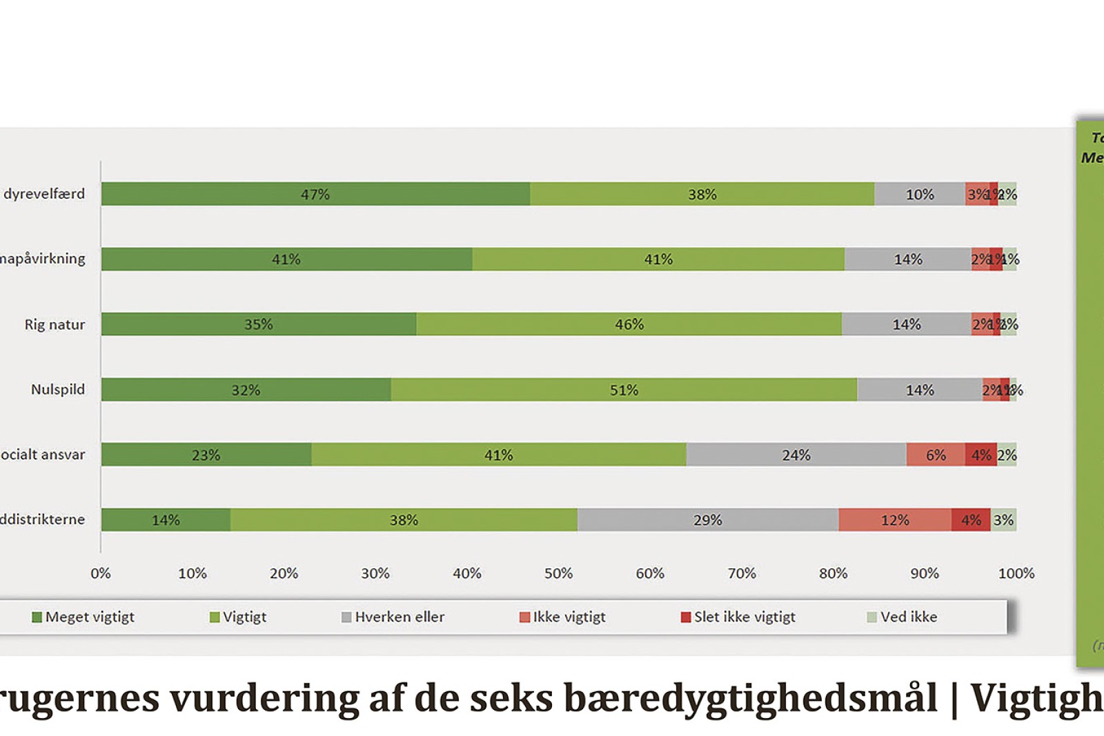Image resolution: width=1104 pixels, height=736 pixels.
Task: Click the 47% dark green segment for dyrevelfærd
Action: click(x=315, y=194)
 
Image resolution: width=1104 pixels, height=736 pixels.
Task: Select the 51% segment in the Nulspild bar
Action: click(x=624, y=390)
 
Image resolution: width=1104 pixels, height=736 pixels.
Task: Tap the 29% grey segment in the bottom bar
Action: click(x=708, y=520)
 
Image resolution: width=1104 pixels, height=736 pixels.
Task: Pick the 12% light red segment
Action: click(x=895, y=520)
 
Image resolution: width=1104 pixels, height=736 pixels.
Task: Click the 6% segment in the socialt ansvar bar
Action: click(x=936, y=455)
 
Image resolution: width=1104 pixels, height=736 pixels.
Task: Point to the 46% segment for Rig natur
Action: click(x=629, y=324)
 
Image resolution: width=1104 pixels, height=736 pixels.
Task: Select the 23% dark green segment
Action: click(x=206, y=455)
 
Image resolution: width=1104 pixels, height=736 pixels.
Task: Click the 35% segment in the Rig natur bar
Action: click(x=259, y=324)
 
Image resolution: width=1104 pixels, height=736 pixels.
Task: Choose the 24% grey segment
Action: click(x=796, y=455)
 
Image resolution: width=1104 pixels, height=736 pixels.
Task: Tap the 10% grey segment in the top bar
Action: click(x=920, y=194)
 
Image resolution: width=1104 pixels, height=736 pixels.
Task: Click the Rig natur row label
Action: click(x=55, y=324)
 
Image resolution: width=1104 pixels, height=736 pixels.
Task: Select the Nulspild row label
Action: click(x=58, y=389)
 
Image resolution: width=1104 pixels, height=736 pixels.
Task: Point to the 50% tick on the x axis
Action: click(x=558, y=573)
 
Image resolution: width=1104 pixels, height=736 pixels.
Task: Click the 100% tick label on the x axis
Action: click(x=1016, y=573)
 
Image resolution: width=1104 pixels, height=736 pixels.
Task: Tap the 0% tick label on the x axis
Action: click(x=101, y=573)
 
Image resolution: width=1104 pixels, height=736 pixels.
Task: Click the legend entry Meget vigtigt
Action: click(x=90, y=617)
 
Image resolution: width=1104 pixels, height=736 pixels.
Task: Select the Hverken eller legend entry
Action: click(x=399, y=617)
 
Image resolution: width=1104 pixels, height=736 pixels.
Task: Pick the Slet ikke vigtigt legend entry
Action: click(x=744, y=617)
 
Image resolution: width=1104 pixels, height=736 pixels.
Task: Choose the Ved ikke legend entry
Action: click(x=908, y=617)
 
